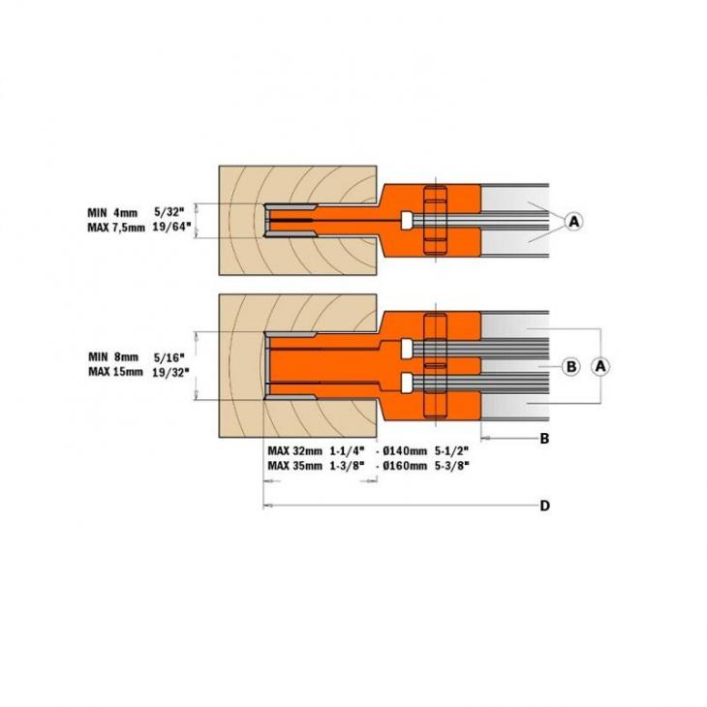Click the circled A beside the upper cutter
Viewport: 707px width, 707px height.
pos(573,222)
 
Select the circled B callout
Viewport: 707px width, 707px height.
pos(571,366)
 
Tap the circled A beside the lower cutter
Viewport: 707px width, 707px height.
pos(600,366)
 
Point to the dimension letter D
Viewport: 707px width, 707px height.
pos(544,506)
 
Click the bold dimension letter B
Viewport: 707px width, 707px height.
pos(544,439)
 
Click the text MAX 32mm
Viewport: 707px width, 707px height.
pos(293,450)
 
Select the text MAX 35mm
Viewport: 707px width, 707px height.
pos(293,466)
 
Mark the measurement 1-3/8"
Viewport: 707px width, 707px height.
pos(347,466)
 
